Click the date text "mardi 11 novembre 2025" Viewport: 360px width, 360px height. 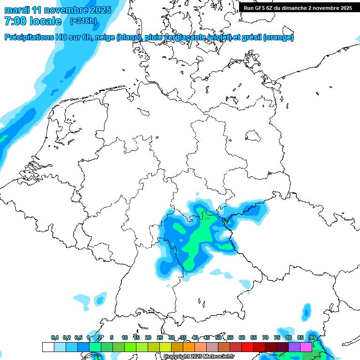pyautogui.click(x=58, y=10)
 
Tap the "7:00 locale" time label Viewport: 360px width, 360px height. pyautogui.click(x=33, y=21)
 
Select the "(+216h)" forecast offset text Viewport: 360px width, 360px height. pyautogui.click(x=83, y=21)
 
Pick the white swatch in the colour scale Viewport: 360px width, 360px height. pyautogui.click(x=48, y=347)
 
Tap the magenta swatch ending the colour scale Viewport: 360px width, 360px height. pyautogui.click(x=306, y=347)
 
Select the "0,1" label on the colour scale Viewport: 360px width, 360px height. pyautogui.click(x=55, y=337)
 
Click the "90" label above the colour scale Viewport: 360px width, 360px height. pyautogui.click(x=312, y=337)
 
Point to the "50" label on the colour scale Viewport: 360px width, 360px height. pyautogui.click(x=218, y=337)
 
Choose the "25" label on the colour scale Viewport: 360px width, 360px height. pyautogui.click(x=160, y=337)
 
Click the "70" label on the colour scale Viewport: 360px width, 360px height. pyautogui.click(x=265, y=337)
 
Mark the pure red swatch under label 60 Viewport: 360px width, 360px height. pyautogui.click(x=247, y=347)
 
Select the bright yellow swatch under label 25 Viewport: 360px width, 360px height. pyautogui.click(x=165, y=347)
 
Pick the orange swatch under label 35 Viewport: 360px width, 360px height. pyautogui.click(x=188, y=347)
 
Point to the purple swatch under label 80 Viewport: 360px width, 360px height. pyautogui.click(x=294, y=347)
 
